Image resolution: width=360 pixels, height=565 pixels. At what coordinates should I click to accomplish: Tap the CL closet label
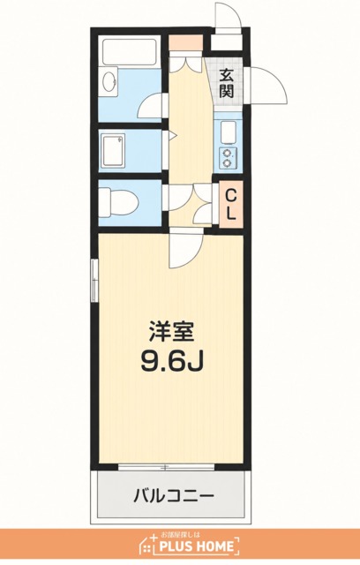(231, 205)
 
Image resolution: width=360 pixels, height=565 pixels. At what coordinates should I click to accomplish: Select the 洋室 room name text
(172, 331)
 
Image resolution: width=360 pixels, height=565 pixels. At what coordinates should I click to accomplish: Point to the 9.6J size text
(172, 361)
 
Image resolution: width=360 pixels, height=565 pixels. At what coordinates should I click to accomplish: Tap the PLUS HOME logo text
(197, 546)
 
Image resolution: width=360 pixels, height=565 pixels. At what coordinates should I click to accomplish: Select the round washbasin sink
(109, 82)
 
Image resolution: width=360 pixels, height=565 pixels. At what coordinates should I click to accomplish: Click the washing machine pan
(113, 152)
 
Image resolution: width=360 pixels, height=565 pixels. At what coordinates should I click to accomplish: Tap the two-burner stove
(227, 158)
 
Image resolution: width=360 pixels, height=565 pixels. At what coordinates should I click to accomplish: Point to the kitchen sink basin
(227, 132)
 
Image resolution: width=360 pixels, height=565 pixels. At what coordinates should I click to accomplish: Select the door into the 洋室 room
(185, 249)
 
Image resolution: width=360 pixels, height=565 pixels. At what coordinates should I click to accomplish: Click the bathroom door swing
(149, 105)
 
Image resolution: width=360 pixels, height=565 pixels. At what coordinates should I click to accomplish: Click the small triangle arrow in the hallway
(172, 135)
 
